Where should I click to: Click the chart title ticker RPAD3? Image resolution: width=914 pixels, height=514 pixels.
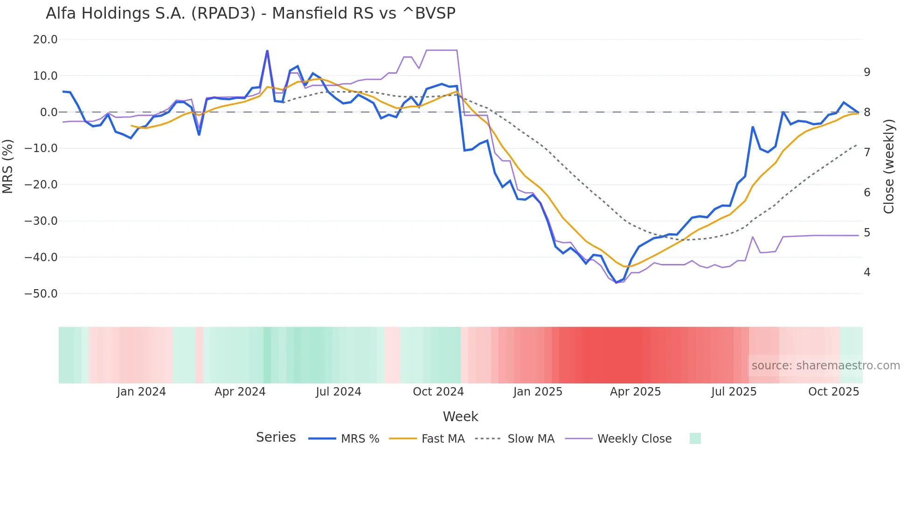[x=223, y=14]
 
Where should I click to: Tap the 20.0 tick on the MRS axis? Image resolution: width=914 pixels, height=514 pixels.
[x=45, y=40]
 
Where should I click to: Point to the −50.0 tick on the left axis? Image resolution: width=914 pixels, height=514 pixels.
[x=41, y=294]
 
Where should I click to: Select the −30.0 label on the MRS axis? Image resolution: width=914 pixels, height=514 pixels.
[x=41, y=221]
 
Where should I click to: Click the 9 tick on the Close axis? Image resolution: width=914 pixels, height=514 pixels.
[x=867, y=72]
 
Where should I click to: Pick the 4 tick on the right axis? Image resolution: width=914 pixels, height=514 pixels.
[x=867, y=272]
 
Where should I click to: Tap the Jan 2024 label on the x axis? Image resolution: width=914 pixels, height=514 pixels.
[x=141, y=392]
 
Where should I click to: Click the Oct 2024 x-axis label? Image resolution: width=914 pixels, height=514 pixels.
[x=438, y=392]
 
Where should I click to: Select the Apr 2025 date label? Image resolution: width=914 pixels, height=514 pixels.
[x=635, y=392]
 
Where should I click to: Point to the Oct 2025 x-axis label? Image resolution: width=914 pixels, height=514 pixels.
[x=833, y=392]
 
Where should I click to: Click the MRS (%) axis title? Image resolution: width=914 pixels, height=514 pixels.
[x=8, y=167]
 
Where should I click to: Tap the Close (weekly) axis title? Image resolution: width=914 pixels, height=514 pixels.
[x=889, y=167]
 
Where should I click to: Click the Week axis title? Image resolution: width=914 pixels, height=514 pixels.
[x=460, y=417]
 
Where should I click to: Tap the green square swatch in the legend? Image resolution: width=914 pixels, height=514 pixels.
[x=695, y=438]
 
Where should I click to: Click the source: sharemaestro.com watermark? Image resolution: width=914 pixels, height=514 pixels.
[x=825, y=366]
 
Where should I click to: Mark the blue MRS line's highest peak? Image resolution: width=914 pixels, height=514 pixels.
[x=267, y=51]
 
